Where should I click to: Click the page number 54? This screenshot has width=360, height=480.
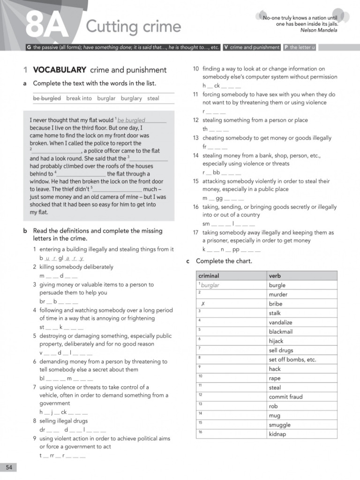coord(9,467)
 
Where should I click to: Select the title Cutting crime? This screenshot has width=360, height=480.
coord(133,26)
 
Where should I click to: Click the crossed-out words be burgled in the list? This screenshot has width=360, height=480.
coord(47,98)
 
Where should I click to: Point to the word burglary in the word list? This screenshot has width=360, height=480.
coord(131,98)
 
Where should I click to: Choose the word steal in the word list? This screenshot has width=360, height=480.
coord(153,98)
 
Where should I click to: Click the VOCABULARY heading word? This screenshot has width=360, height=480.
coord(60,70)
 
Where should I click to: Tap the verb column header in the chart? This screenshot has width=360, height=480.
coord(275,276)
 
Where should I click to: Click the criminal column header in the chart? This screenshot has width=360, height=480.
coord(209,276)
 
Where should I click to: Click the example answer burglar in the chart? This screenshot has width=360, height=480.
coord(210,285)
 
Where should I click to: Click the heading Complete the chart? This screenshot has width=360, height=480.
coord(224,261)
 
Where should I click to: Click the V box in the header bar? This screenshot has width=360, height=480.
coord(226,47)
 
